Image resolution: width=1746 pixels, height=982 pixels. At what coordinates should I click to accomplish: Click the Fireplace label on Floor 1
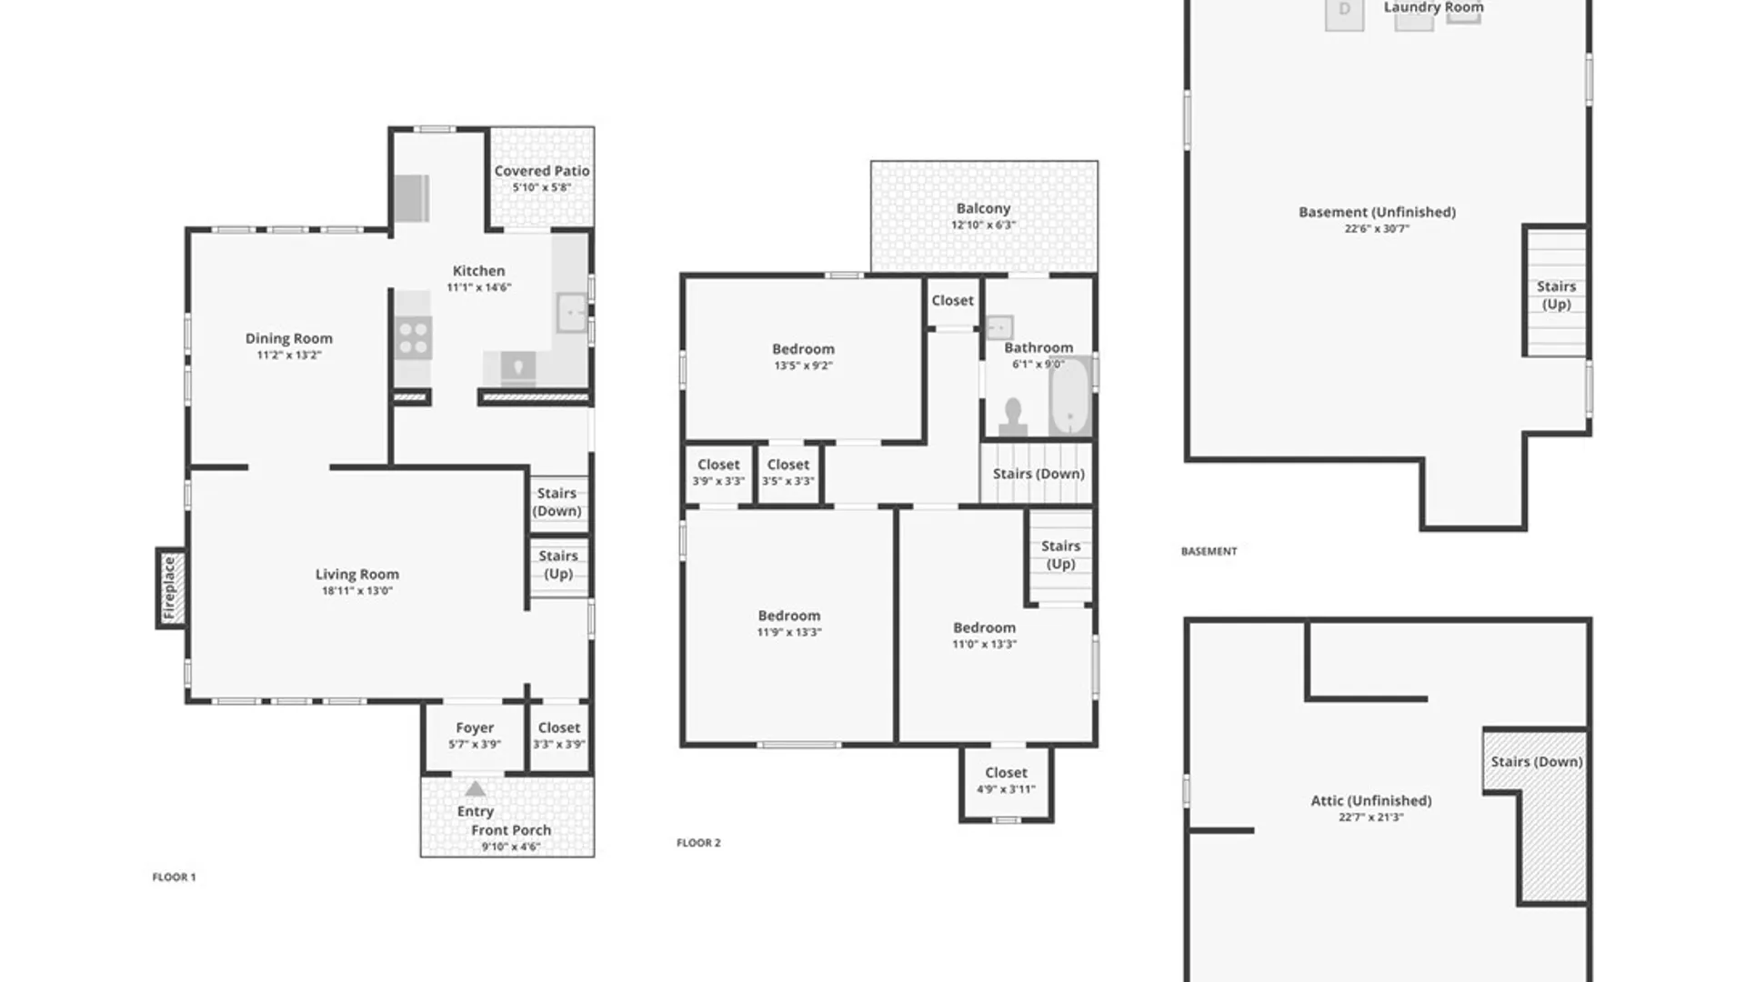tap(169, 588)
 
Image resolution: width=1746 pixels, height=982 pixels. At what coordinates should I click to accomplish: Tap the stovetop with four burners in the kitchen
tap(414, 338)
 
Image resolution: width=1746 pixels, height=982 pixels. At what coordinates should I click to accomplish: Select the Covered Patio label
tap(542, 171)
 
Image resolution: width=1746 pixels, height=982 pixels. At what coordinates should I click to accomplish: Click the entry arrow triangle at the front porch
tap(476, 788)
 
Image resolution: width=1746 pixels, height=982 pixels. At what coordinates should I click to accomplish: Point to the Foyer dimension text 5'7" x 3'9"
tap(475, 745)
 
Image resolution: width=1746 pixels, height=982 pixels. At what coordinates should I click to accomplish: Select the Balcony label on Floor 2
tap(983, 208)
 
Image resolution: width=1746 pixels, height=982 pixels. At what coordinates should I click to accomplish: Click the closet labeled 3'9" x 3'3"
tap(718, 472)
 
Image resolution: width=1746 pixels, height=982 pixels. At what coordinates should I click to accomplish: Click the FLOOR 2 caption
tap(698, 843)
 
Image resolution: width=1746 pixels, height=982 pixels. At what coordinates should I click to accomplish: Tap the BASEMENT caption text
tap(1209, 551)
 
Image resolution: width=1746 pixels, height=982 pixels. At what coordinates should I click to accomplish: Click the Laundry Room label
tap(1433, 7)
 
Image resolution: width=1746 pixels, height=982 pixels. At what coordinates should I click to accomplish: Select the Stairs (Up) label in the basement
tap(1556, 296)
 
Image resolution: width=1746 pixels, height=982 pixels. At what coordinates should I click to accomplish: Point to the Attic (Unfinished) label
tap(1370, 801)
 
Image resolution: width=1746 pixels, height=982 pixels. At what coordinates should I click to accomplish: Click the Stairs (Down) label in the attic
tap(1536, 762)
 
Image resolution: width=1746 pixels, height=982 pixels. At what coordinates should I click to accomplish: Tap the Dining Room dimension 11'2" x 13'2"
tap(289, 356)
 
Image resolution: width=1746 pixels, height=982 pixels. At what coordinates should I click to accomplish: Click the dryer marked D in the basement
tap(1344, 14)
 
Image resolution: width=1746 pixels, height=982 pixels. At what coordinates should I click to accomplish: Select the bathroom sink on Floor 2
tap(999, 326)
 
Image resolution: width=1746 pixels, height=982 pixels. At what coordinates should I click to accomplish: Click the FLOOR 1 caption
tap(174, 877)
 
